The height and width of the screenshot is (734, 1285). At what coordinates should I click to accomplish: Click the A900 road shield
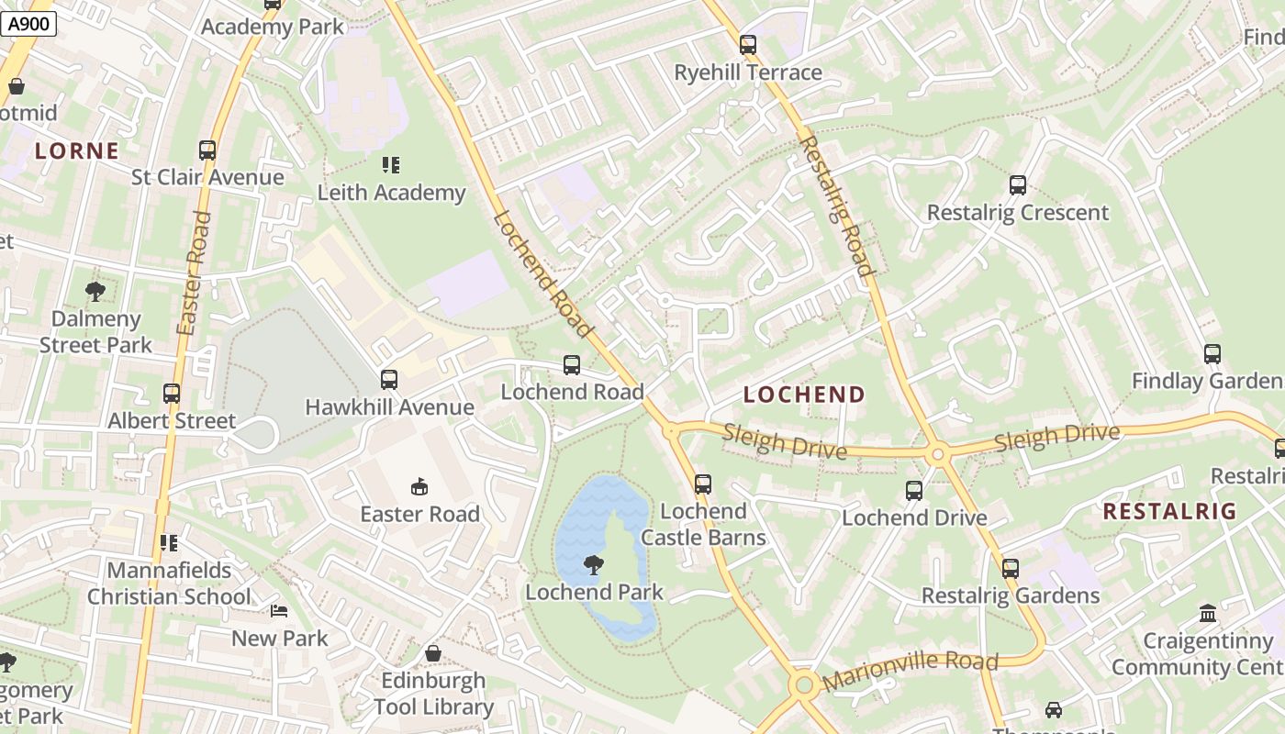coord(28,25)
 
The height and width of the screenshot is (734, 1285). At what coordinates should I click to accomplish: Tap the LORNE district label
coord(77,151)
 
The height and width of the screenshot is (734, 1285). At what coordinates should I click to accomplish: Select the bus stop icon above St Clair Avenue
coord(207,150)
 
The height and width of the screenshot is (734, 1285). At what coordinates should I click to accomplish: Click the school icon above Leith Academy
coord(391,165)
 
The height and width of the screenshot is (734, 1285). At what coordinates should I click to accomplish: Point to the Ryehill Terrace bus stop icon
coord(748,45)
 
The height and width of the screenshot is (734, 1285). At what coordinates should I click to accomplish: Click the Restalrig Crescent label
coord(1017,213)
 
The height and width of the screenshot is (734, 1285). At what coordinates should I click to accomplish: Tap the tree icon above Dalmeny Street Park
coord(95,293)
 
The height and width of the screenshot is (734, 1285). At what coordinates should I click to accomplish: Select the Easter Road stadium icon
coord(419,486)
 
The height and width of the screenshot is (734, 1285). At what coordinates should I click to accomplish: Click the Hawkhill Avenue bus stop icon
coord(389,380)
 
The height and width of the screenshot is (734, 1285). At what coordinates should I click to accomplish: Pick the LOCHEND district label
coord(804,395)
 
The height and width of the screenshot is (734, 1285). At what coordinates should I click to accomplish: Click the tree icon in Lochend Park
coord(594,565)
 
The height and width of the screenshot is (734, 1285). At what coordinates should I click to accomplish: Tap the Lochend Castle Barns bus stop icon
coord(703,484)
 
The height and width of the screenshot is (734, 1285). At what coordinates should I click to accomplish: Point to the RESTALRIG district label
coord(1169,512)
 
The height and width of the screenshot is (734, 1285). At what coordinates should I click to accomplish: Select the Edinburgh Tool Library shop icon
coord(433,653)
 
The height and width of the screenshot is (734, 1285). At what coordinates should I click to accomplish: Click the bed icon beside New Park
coord(279,611)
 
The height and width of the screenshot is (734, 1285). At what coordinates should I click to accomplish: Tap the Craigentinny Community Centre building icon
coord(1208,613)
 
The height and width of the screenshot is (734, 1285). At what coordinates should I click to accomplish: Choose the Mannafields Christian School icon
coord(168,543)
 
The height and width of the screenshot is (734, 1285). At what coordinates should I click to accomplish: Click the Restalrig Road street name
coord(835,206)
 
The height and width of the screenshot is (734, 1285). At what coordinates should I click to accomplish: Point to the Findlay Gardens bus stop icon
coord(1212,354)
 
